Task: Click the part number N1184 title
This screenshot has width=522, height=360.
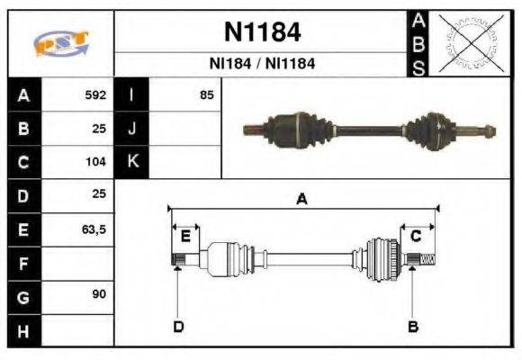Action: pos(262,33)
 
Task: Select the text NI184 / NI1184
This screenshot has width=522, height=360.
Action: pos(262,65)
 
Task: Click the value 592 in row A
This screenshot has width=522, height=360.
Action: pos(95,94)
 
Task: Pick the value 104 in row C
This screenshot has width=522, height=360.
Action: pos(95,162)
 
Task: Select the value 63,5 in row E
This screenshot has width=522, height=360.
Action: pos(94,229)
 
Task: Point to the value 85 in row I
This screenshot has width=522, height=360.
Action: pos(206,94)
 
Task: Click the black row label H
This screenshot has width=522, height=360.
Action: pos(23,330)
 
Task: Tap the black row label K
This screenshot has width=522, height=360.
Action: pos(131,162)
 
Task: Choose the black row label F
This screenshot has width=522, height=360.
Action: pos(23,263)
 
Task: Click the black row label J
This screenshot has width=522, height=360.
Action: pos(131,128)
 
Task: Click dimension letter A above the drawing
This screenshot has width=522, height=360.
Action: pos(302,200)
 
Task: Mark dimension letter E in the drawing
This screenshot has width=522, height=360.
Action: pos(185,237)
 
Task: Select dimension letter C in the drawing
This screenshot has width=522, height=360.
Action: pos(416,237)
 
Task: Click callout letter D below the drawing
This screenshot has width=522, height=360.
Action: pos(178,326)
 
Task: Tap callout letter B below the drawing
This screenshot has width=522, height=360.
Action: pos(413,326)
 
